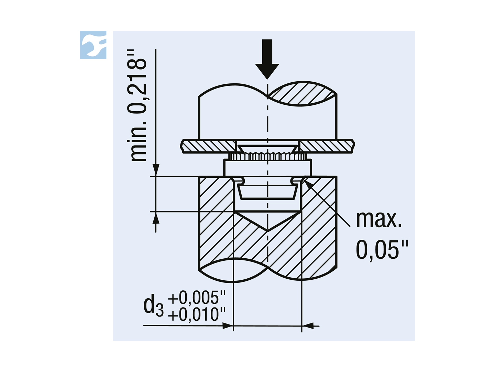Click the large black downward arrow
click(x=267, y=59)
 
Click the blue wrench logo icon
click(x=93, y=45)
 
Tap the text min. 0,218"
click(x=137, y=105)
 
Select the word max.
click(x=378, y=219)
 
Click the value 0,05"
click(x=382, y=250)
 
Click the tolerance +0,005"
click(x=197, y=298)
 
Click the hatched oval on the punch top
click(x=302, y=94)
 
